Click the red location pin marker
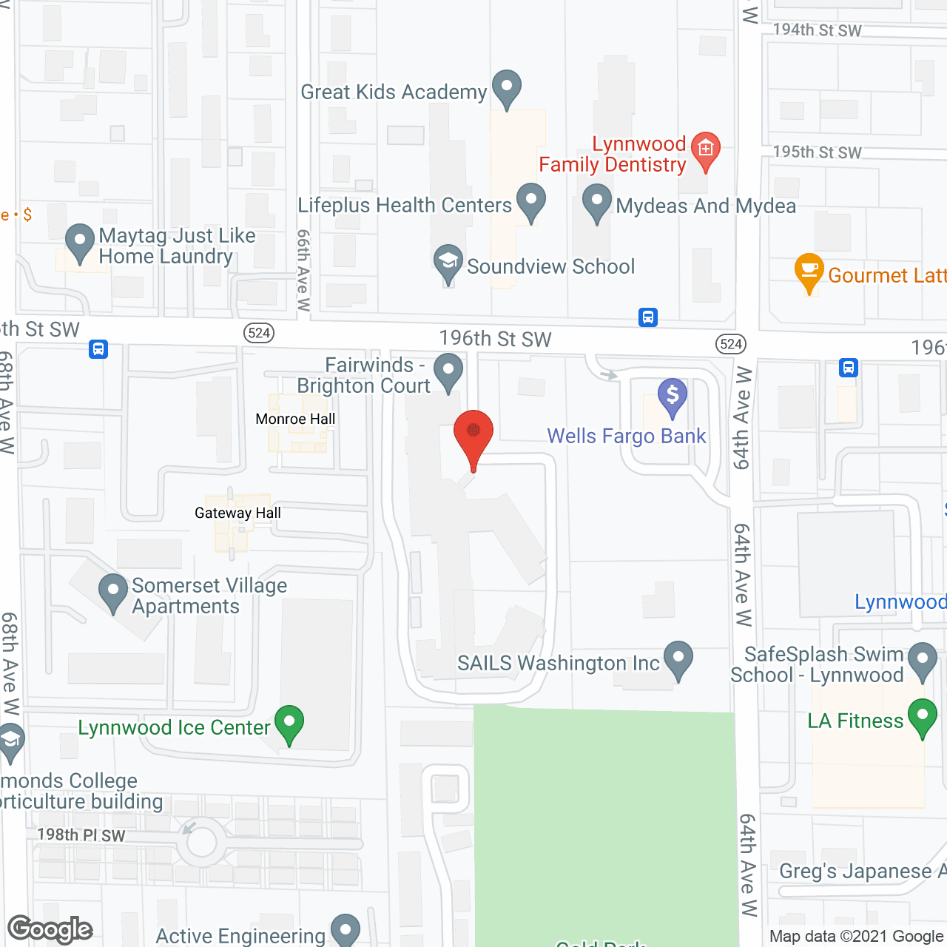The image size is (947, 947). (473, 433)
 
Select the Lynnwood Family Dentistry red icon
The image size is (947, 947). (705, 150)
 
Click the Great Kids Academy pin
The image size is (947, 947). (507, 87)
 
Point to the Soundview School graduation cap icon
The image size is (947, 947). (448, 262)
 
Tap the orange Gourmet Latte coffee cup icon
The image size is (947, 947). (809, 271)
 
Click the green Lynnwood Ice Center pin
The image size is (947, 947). (289, 723)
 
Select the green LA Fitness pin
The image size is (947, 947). (923, 717)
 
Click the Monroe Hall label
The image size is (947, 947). (295, 419)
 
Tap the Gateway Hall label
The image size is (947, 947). (237, 513)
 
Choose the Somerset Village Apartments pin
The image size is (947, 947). (113, 592)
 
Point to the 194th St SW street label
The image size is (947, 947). (817, 30)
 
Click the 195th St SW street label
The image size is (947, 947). (817, 152)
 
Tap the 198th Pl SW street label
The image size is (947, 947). (81, 835)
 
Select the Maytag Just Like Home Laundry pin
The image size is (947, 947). (80, 242)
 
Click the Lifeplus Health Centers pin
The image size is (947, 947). (530, 200)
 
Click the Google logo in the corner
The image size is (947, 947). (50, 929)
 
